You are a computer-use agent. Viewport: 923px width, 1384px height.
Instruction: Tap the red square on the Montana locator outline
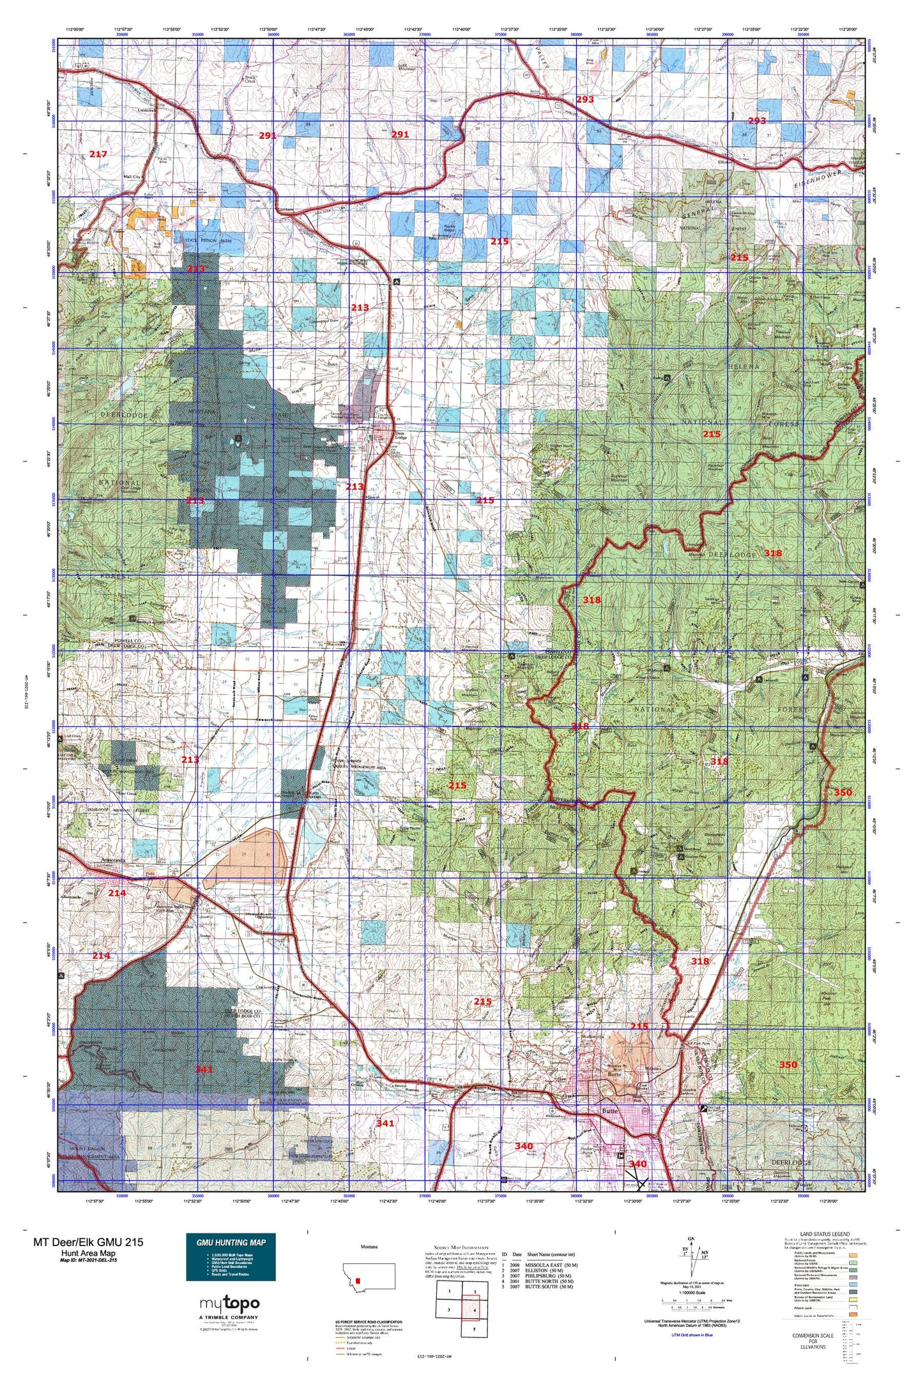point(360,1279)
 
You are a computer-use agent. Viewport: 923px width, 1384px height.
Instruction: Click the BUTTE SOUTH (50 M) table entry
point(550,1287)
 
